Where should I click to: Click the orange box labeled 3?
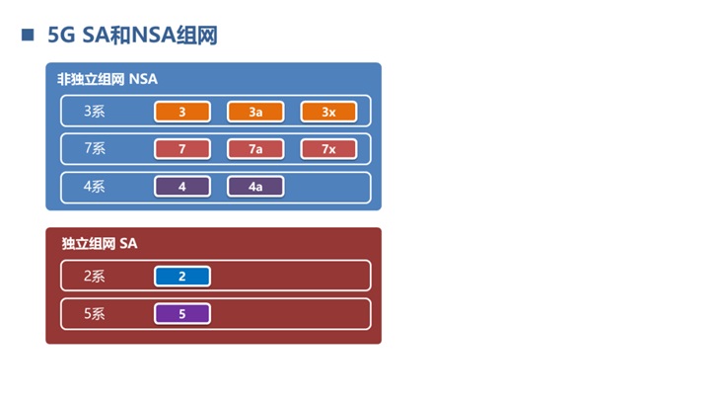pos(182,112)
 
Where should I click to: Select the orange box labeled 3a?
pos(255,112)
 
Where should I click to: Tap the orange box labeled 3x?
pos(328,112)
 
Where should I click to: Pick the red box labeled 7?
pos(182,149)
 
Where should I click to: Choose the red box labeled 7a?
pos(255,149)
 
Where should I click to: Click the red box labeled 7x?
pos(328,149)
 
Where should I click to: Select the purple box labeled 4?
pos(182,187)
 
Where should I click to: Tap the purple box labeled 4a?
pos(255,187)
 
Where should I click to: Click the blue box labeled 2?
pos(182,277)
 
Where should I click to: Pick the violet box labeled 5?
pos(182,314)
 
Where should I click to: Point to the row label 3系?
pos(95,112)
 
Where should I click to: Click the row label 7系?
pos(95,149)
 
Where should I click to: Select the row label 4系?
pos(95,187)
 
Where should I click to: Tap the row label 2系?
pos(95,277)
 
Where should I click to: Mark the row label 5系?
pos(95,314)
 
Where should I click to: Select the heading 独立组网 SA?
pos(98,243)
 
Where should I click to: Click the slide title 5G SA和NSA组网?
pos(132,37)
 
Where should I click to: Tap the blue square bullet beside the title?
pos(28,36)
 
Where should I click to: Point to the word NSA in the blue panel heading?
pos(143,78)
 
